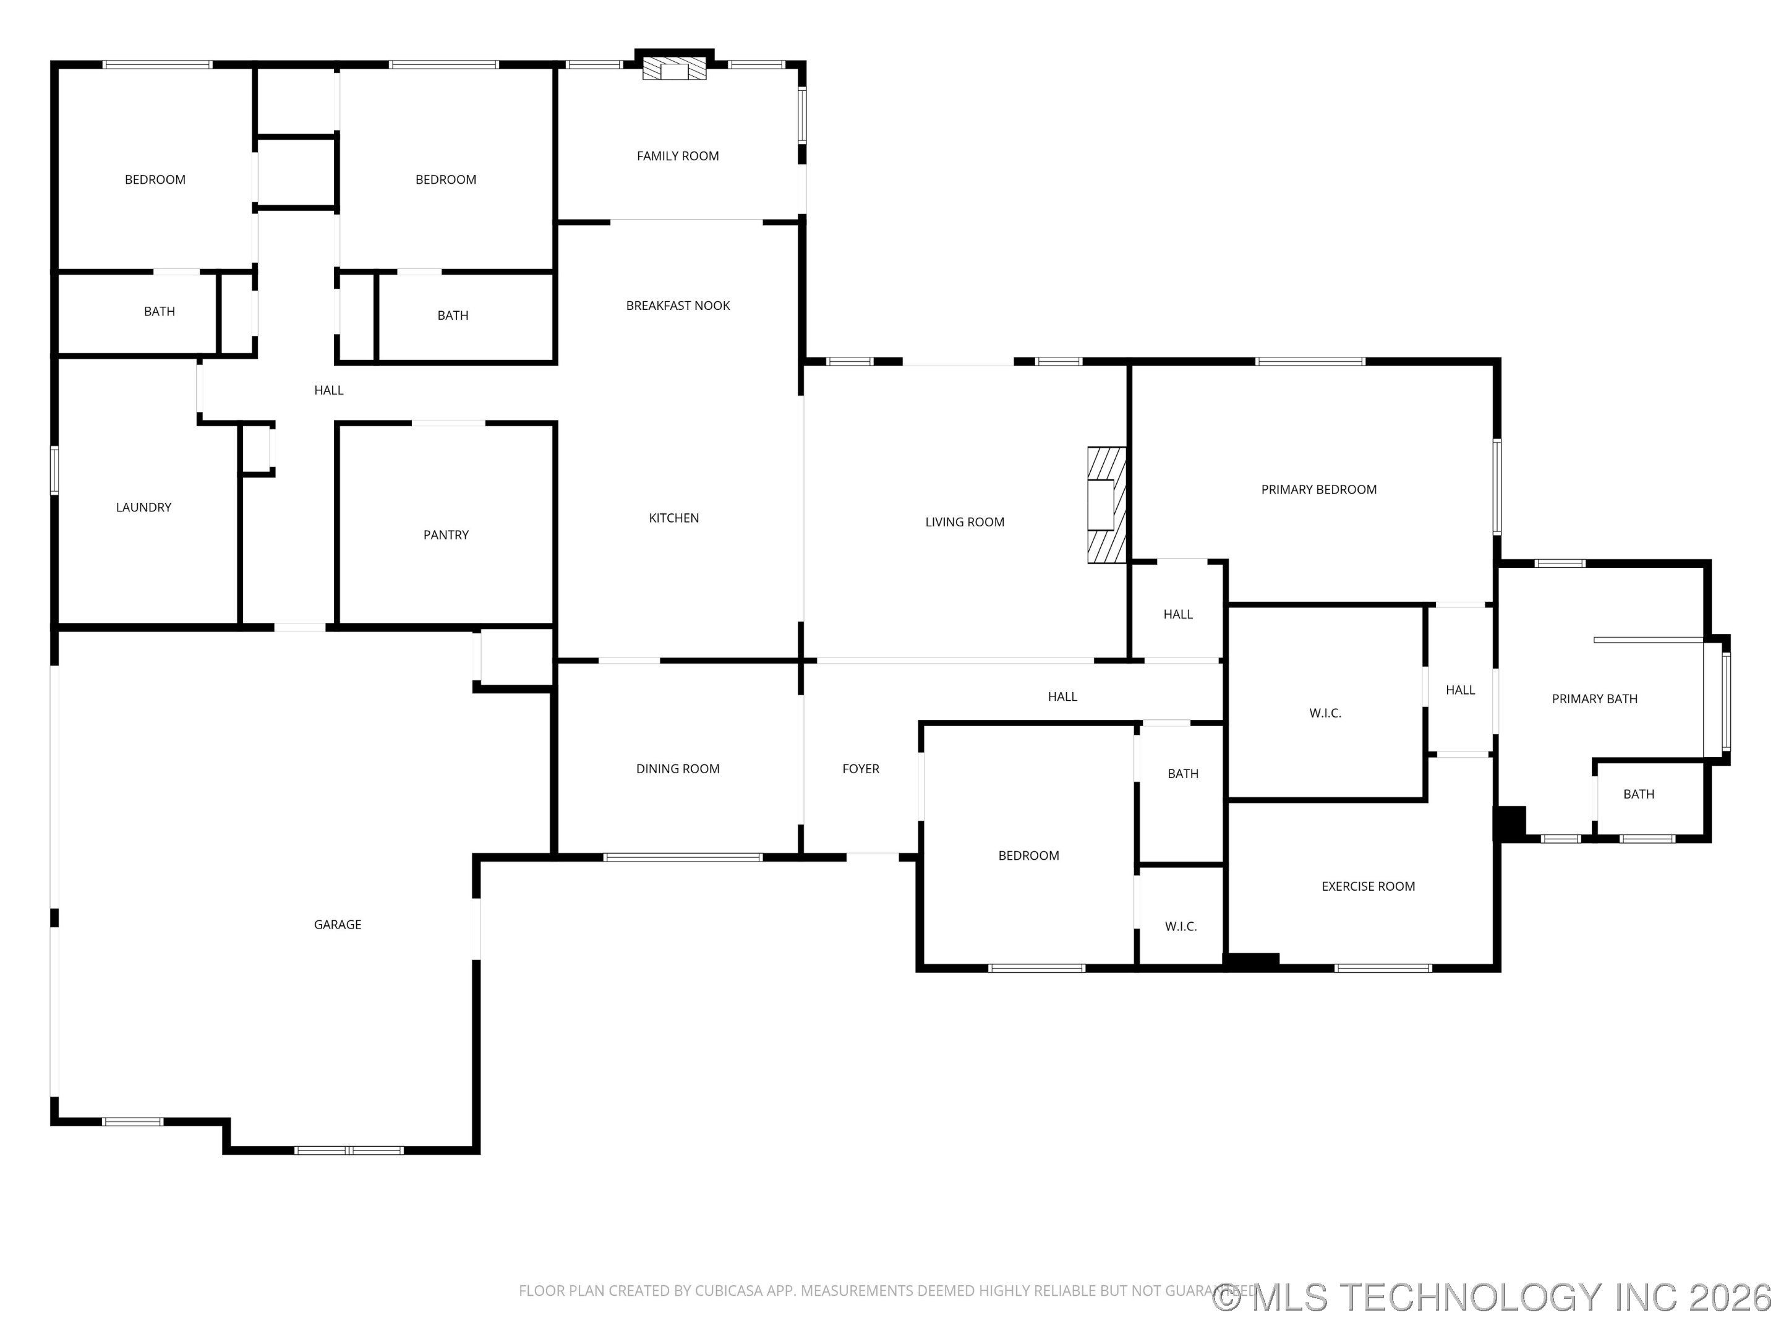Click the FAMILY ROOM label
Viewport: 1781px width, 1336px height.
pos(677,156)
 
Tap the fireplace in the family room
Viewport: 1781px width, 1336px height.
pos(674,69)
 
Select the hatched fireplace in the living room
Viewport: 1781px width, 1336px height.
pos(1106,505)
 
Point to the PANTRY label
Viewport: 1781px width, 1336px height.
pos(446,535)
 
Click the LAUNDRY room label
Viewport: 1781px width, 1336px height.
pos(143,507)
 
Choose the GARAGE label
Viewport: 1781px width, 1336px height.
pos(338,925)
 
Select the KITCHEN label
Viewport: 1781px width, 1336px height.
pos(674,518)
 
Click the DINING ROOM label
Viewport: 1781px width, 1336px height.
pos(678,769)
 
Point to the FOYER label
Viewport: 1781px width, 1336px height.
pos(861,769)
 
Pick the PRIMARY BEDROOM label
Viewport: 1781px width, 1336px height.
pos(1319,490)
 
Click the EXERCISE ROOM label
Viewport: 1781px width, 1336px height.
pos(1368,886)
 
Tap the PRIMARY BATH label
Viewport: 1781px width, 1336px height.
pos(1594,699)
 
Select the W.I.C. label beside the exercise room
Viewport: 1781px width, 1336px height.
pos(1325,714)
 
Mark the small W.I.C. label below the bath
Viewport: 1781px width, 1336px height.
pos(1181,927)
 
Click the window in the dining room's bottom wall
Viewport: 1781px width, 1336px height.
pos(683,858)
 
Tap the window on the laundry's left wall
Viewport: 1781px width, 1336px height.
pos(55,469)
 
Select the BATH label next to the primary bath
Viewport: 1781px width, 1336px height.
pos(1639,794)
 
